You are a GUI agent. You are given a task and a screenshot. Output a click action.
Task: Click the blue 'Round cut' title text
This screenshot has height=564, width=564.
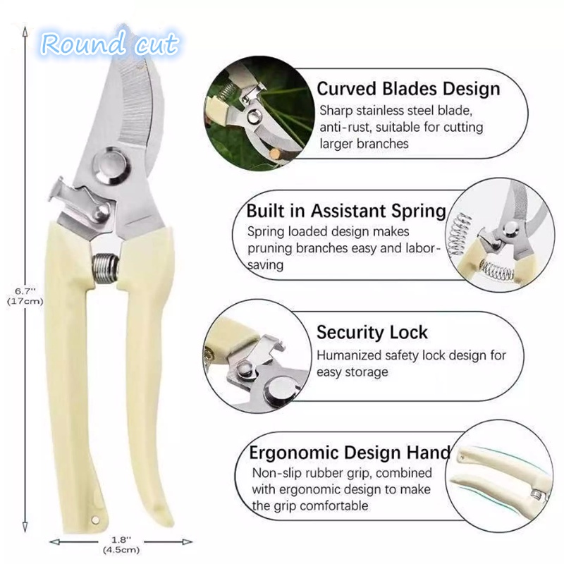click(x=109, y=44)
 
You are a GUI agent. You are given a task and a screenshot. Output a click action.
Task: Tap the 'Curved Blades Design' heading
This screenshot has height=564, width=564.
click(x=408, y=90)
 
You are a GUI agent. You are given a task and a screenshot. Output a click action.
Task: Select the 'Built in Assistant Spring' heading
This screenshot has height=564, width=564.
click(x=346, y=211)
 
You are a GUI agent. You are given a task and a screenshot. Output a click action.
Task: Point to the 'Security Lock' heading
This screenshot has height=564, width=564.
click(x=372, y=332)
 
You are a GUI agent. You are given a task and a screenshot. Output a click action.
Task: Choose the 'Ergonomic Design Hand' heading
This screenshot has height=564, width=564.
click(x=349, y=451)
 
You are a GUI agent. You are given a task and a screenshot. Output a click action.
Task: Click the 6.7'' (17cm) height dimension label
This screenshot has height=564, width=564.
click(x=26, y=295)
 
